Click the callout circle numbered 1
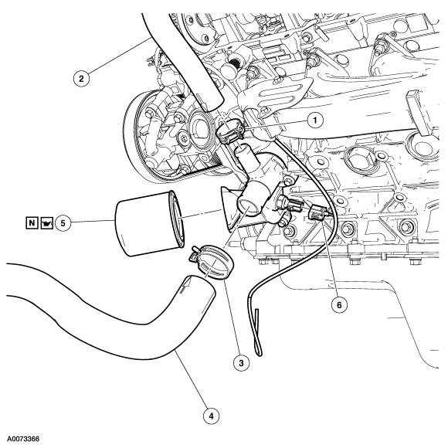tap(313, 120)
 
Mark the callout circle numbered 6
tap(336, 304)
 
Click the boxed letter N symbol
tap(32, 224)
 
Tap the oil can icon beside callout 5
tap(49, 224)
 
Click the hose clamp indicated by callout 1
tap(226, 134)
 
